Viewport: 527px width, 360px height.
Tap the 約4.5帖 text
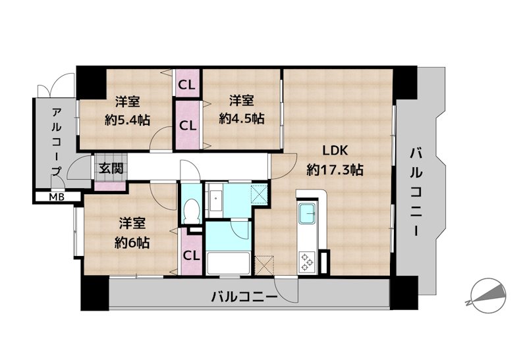click(x=242, y=118)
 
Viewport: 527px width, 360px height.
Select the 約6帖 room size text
click(x=132, y=242)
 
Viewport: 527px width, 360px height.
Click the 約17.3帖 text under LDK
click(x=335, y=169)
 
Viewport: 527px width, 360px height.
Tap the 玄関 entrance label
click(x=111, y=168)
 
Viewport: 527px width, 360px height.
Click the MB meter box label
click(x=56, y=196)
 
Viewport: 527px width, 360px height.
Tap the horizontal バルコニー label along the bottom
click(x=244, y=297)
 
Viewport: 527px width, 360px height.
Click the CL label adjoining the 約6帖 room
click(x=191, y=255)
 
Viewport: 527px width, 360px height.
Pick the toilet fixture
click(x=192, y=211)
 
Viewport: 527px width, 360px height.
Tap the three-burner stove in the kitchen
click(x=308, y=261)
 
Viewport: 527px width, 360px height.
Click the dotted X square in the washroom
click(x=260, y=194)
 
